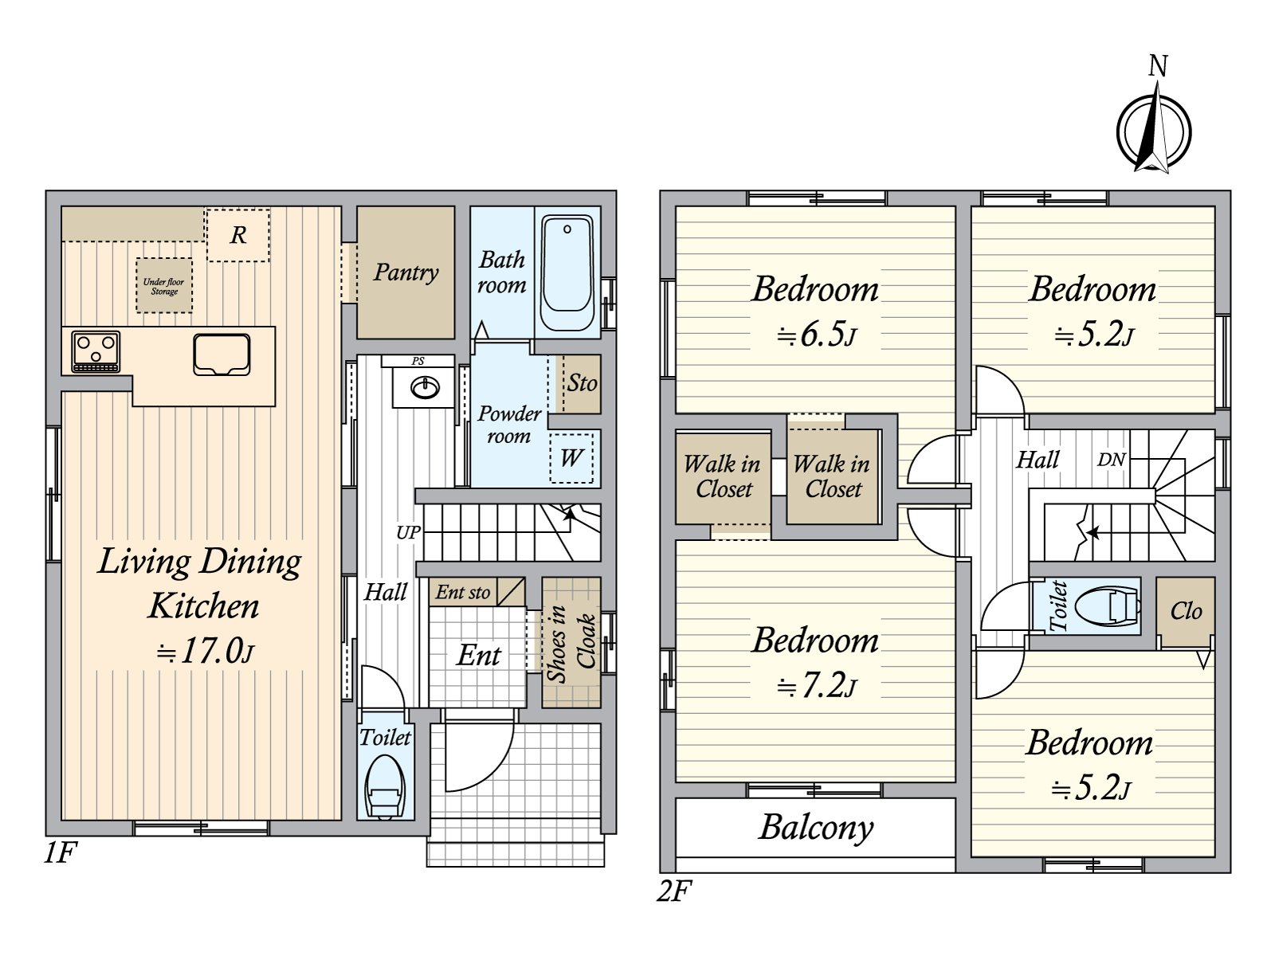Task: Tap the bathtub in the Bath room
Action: pos(567,272)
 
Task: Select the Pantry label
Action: pos(406,272)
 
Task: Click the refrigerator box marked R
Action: pos(238,235)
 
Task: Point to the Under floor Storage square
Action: pos(164,286)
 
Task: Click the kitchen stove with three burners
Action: pos(96,351)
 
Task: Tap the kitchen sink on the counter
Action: pos(222,354)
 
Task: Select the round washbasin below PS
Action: pos(426,387)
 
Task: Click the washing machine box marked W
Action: pos(571,458)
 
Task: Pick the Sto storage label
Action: pos(582,383)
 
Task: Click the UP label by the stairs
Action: pos(408,532)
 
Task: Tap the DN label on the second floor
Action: pos(1111,460)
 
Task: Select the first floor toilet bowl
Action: pos(384,786)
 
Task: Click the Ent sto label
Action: pos(463,592)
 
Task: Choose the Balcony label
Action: pos(816,829)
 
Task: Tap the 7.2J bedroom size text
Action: pos(817,686)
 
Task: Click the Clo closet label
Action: pos(1186,610)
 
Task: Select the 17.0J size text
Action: pos(205,651)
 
